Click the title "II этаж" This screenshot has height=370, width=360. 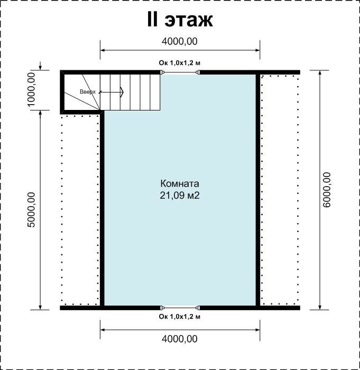(x=180, y=20)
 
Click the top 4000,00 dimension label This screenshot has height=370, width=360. (x=180, y=41)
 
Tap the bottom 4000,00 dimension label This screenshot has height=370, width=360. (x=180, y=339)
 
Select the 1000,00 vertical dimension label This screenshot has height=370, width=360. (x=31, y=89)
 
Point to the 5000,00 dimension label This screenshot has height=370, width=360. (x=31, y=209)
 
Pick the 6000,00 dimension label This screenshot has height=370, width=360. (x=327, y=190)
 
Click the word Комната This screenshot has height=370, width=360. (x=180, y=183)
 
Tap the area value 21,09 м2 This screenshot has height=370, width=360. (x=180, y=196)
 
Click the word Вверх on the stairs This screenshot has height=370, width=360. (x=88, y=91)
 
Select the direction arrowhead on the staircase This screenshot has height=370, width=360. (x=122, y=92)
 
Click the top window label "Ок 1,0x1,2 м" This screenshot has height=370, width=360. (x=179, y=63)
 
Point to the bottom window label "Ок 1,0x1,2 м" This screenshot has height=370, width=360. (x=179, y=317)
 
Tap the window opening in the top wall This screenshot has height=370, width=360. (x=180, y=72)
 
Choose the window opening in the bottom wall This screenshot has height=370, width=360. (x=180, y=308)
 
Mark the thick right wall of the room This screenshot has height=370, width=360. (x=258, y=190)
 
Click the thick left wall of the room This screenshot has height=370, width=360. (x=102, y=209)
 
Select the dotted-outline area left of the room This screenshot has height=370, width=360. (x=80, y=210)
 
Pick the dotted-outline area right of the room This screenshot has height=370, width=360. (x=280, y=190)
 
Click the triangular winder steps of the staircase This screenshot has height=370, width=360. (x=82, y=92)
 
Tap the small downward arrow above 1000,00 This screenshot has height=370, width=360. (x=40, y=66)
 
